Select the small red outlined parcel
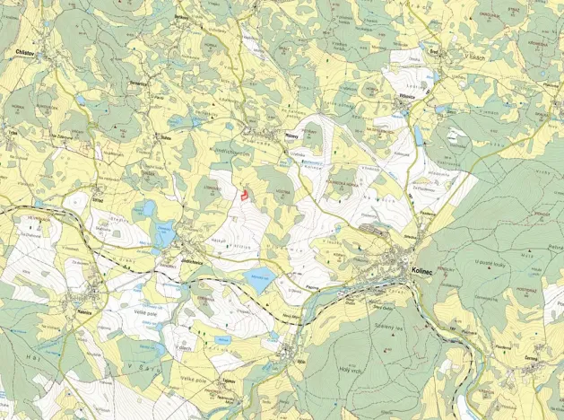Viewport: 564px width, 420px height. click(242, 191)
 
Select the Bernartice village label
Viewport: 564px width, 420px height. click(139, 83)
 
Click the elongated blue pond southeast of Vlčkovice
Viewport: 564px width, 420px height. click(419, 136)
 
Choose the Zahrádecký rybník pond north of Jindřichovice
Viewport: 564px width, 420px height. click(165, 236)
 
